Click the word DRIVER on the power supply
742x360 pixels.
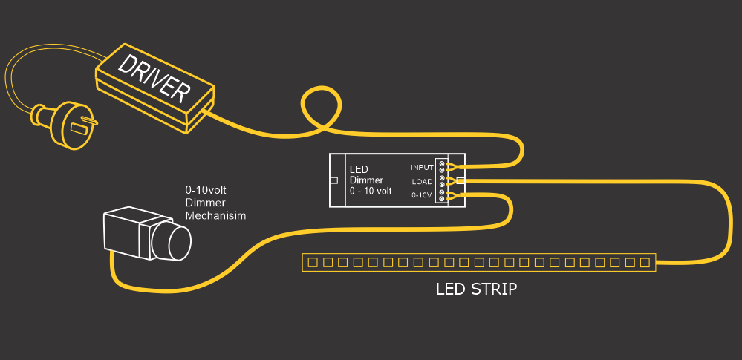[x=154, y=79]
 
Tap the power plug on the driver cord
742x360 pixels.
[x=63, y=123]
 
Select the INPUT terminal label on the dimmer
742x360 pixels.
[x=422, y=168]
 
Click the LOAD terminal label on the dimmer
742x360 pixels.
[x=423, y=181]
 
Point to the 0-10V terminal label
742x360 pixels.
[x=421, y=195]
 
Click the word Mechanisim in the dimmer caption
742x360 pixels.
[x=215, y=215]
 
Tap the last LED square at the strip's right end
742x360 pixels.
[x=644, y=262]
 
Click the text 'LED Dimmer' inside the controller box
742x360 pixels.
[x=367, y=175]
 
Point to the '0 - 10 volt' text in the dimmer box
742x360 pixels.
[x=371, y=191]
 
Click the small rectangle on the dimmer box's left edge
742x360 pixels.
[x=333, y=180]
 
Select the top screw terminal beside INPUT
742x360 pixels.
[x=442, y=163]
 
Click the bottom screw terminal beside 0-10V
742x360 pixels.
[x=442, y=199]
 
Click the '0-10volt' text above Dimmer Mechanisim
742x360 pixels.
[x=206, y=191]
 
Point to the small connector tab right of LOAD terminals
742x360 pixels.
[x=461, y=180]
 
